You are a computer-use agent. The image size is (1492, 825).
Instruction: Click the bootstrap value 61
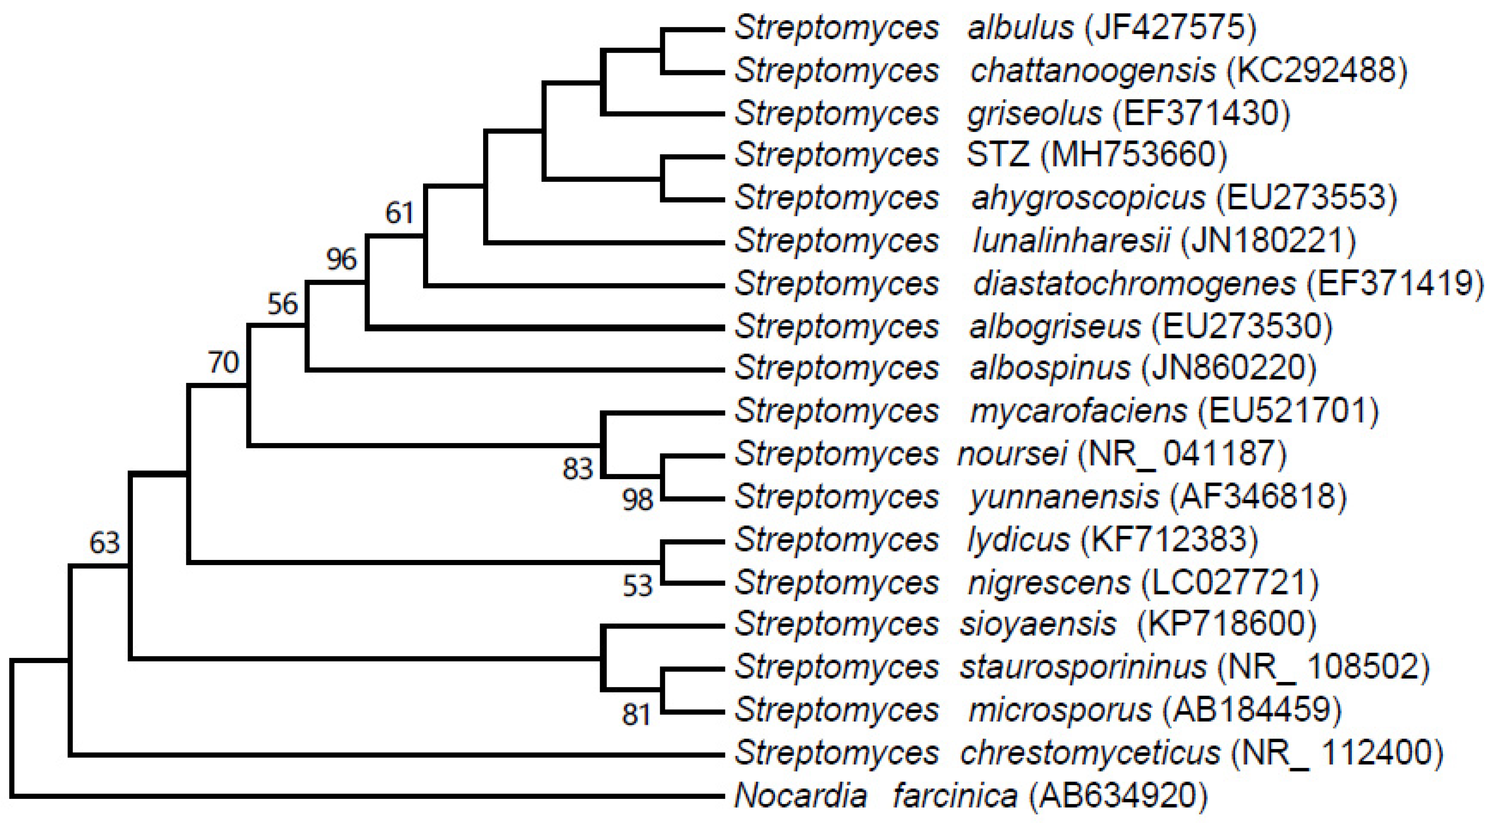399,213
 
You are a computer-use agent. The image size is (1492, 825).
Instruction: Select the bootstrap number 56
283,304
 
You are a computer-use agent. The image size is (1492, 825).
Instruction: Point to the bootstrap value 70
224,363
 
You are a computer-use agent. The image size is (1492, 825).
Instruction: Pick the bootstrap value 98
638,499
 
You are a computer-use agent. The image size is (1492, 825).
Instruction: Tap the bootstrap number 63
104,543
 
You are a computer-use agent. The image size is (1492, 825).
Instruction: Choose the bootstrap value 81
637,715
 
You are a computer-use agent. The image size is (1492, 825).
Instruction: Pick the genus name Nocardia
800,796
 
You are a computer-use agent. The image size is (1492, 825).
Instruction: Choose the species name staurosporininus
1083,667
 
